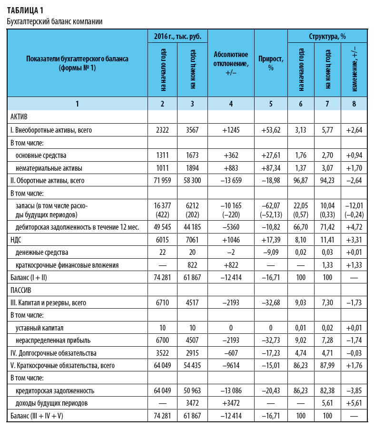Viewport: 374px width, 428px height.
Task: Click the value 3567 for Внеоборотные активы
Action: coord(192,130)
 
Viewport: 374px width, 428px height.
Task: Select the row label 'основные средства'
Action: coord(41,155)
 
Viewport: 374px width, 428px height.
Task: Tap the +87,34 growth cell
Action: coord(271,167)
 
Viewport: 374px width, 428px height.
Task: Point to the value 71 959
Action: coord(162,180)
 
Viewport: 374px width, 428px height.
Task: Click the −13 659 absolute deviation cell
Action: coord(231,180)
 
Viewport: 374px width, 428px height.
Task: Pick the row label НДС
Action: coord(17,240)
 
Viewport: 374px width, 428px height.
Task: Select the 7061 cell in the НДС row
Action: coord(192,240)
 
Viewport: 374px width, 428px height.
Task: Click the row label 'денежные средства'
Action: coord(41,253)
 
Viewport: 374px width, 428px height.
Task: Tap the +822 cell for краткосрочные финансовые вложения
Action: coord(231,265)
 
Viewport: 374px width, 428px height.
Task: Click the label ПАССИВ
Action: coord(21,290)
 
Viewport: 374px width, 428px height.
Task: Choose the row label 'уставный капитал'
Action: coord(39,328)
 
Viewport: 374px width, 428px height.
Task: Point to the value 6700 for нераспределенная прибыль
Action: coord(162,340)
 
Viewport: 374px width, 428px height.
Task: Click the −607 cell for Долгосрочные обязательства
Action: coord(231,353)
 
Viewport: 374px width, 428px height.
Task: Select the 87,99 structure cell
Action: coord(327,365)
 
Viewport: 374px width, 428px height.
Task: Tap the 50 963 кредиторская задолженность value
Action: coord(192,390)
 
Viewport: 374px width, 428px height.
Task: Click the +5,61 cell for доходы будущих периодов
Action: coord(354,403)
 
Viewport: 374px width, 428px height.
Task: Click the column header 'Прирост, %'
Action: coord(271,63)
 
